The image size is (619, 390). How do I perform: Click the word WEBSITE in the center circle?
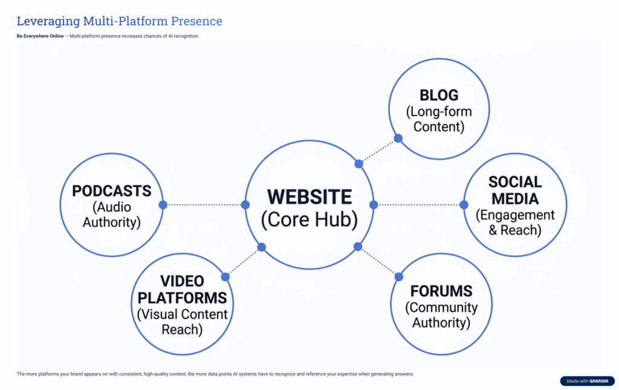pyautogui.click(x=309, y=197)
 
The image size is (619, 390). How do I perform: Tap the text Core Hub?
pyautogui.click(x=309, y=219)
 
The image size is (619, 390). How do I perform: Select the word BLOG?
pyautogui.click(x=439, y=96)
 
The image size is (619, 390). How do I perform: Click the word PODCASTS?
pyautogui.click(x=111, y=191)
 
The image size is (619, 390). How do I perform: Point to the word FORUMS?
pyautogui.click(x=441, y=291)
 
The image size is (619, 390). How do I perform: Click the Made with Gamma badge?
pyautogui.click(x=586, y=381)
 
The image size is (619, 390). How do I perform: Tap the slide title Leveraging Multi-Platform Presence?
pyautogui.click(x=119, y=21)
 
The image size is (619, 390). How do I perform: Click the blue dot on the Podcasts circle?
pyautogui.click(x=163, y=205)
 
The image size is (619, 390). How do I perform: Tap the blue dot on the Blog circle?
pyautogui.click(x=398, y=138)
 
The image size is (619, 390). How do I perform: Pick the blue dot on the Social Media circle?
pyautogui.click(x=464, y=205)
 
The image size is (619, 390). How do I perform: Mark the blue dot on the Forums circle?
pyautogui.click(x=398, y=277)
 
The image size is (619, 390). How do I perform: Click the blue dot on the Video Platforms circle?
pyautogui.click(x=225, y=277)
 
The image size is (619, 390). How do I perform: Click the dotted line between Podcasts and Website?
pyautogui.click(x=204, y=205)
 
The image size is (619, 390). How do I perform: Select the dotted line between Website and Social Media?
pyautogui.click(x=418, y=205)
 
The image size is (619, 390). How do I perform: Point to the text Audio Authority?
pyautogui.click(x=111, y=215)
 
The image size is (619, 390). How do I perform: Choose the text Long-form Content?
pyautogui.click(x=439, y=119)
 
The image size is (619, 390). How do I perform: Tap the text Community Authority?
pyautogui.click(x=441, y=314)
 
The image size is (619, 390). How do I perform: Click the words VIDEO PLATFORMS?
pyautogui.click(x=182, y=289)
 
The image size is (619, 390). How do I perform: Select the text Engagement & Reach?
pyautogui.click(x=515, y=223)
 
